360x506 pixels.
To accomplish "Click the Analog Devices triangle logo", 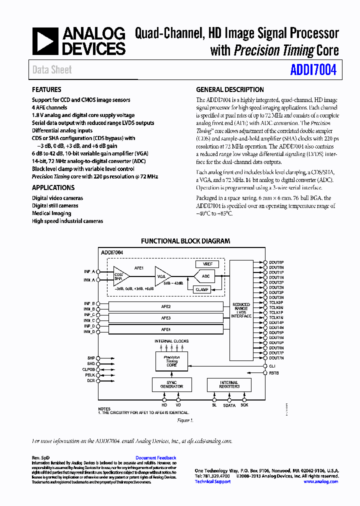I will (x=45, y=41).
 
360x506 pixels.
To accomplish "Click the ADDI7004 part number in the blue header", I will (x=313, y=70).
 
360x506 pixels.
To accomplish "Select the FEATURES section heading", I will (x=46, y=90).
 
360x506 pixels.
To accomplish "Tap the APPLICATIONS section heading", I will (x=53, y=187).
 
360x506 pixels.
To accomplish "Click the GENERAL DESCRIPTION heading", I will (x=230, y=90).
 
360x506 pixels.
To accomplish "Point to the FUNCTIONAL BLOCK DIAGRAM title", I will (x=185, y=241).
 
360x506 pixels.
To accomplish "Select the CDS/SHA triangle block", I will (x=119, y=276).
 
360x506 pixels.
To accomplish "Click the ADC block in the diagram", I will (x=205, y=276).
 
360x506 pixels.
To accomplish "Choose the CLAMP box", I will (x=202, y=289).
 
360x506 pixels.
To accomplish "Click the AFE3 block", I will (x=165, y=318).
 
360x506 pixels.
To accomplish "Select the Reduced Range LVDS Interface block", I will (x=241, y=310).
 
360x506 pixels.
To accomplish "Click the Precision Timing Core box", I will (x=171, y=361).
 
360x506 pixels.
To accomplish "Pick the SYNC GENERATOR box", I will (x=171, y=384).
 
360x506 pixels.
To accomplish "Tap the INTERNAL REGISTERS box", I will (x=229, y=384).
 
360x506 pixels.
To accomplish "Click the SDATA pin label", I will (x=229, y=405).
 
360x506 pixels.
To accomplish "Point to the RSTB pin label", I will (x=274, y=373).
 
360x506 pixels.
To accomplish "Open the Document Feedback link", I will (x=155, y=458).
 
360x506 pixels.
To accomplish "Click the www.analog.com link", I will (x=320, y=481).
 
